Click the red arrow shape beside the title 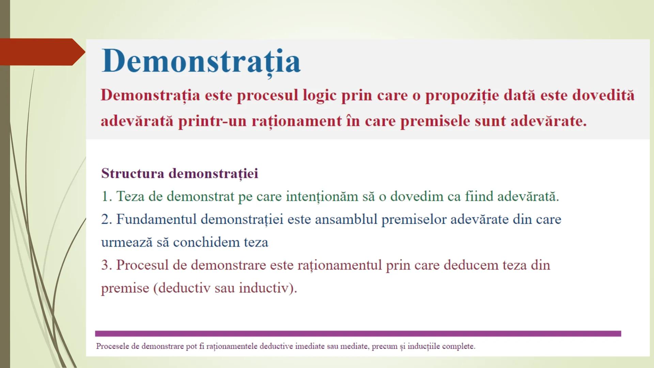click(x=41, y=52)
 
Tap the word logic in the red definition click(x=320, y=95)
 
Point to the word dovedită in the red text click(x=603, y=95)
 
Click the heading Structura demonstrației click(x=180, y=173)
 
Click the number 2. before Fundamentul click(x=107, y=219)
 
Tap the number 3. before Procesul click(x=107, y=265)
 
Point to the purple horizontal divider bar click(x=358, y=334)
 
